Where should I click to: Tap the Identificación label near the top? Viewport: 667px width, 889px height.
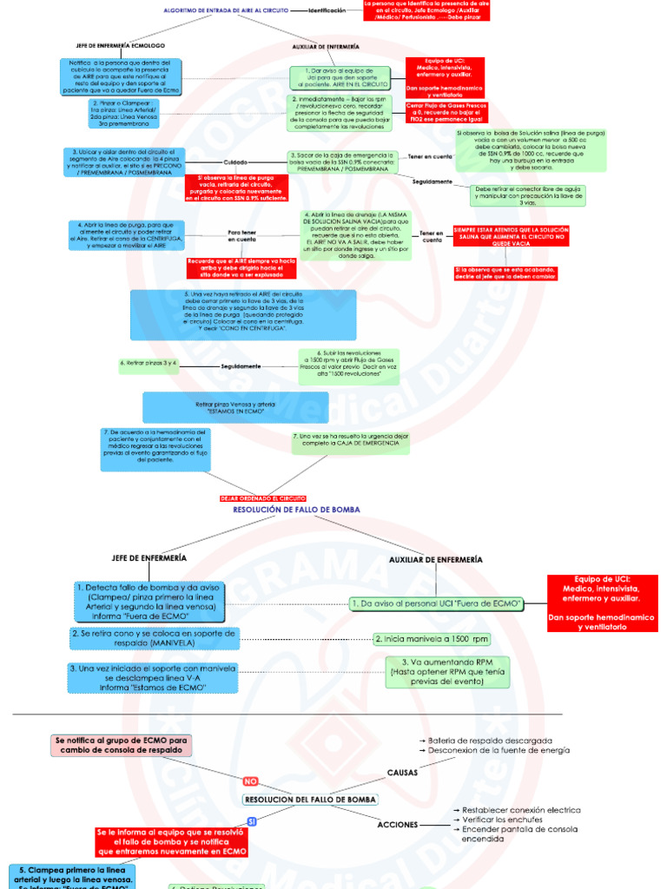[x=327, y=10]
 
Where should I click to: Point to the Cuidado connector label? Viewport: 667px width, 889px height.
[x=235, y=162]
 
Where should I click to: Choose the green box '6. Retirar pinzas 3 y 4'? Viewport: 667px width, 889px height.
[x=149, y=362]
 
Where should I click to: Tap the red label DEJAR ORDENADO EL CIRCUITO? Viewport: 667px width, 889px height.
[x=259, y=498]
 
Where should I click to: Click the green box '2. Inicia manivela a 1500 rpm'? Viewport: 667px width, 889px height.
[x=431, y=639]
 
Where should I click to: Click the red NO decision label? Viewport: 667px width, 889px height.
[x=251, y=780]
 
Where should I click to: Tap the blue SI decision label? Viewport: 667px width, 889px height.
[x=252, y=820]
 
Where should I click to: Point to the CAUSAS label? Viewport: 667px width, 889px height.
[x=401, y=771]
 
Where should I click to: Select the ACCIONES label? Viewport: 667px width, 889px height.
[x=399, y=824]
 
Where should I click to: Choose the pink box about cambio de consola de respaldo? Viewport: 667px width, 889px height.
[x=121, y=746]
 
